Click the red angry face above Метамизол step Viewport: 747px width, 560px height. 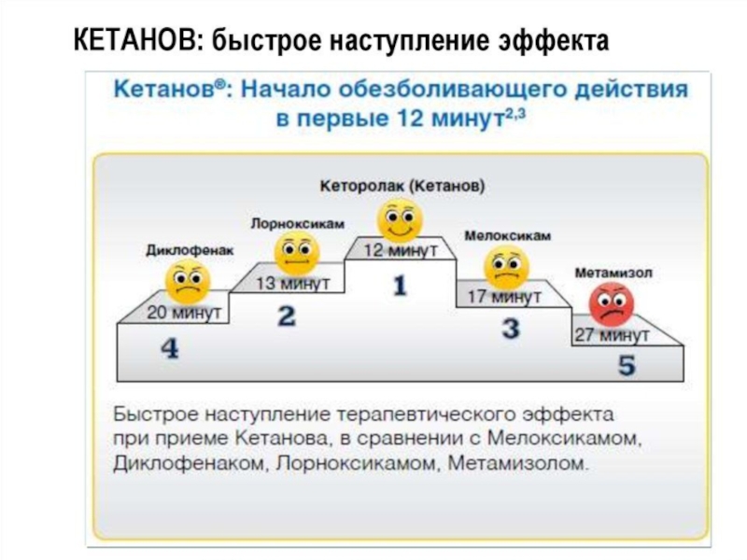(612, 304)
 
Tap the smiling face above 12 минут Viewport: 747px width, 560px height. (400, 220)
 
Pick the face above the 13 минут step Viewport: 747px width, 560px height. (296, 253)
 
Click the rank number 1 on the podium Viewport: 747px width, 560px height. (400, 285)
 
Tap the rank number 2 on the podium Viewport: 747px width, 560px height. (287, 315)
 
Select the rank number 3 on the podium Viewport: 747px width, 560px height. (511, 329)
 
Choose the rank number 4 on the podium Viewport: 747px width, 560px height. (169, 348)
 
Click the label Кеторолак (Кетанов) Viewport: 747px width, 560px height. (402, 187)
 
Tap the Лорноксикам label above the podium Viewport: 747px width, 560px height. (298, 224)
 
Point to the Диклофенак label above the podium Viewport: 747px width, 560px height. (190, 249)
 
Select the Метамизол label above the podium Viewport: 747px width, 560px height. (613, 273)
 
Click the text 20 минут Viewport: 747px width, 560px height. (184, 314)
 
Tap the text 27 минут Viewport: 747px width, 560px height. (612, 335)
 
